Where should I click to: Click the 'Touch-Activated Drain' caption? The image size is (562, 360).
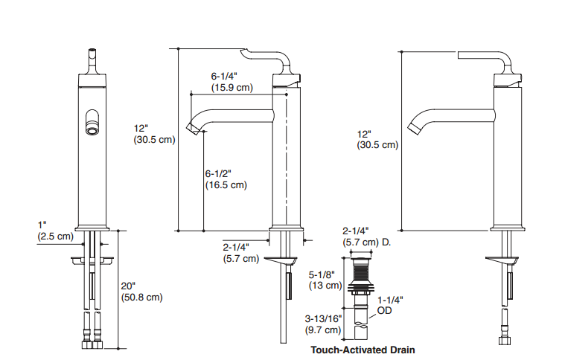[x=363, y=349]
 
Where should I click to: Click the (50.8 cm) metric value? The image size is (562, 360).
[x=142, y=298]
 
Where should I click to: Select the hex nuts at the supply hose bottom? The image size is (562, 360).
[x=93, y=345]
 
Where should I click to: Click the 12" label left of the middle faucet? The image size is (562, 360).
[x=141, y=128]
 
